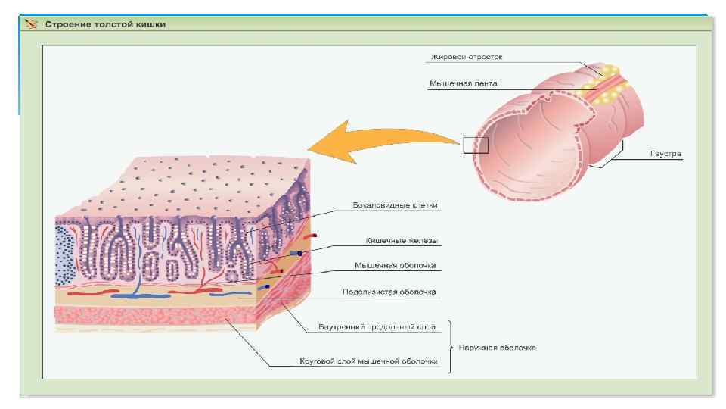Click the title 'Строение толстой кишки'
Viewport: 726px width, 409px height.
tap(106, 24)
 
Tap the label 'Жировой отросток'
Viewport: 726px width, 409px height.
tap(466, 57)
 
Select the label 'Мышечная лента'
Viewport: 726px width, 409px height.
tap(463, 83)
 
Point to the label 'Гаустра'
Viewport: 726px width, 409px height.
tap(665, 154)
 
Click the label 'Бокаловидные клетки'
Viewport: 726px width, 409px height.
tap(396, 204)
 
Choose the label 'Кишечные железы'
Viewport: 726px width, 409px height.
tap(397, 241)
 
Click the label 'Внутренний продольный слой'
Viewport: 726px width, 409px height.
tap(377, 327)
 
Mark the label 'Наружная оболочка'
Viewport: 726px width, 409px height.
tap(498, 348)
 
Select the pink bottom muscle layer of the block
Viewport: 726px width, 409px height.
tap(151, 317)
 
